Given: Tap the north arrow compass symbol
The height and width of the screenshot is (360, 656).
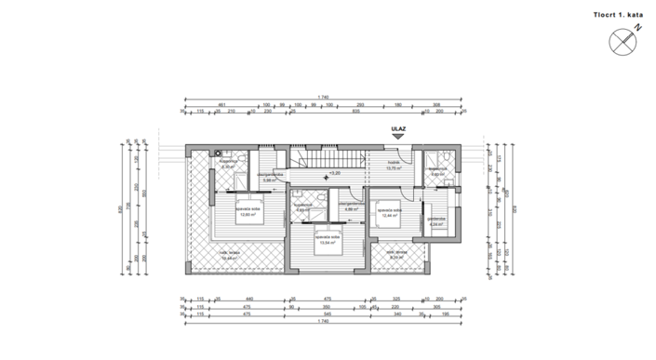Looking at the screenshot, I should pyautogui.click(x=623, y=41).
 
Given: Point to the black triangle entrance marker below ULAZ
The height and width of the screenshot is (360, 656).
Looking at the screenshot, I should pyautogui.click(x=397, y=139).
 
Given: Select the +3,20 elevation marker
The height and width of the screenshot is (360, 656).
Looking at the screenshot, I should pyautogui.click(x=334, y=173).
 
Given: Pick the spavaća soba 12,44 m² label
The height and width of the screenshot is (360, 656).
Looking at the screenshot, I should pyautogui.click(x=389, y=213).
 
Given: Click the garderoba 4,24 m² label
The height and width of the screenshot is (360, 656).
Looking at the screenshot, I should pyautogui.click(x=437, y=221).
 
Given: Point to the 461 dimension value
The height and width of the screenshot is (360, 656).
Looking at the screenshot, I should pyautogui.click(x=222, y=105).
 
